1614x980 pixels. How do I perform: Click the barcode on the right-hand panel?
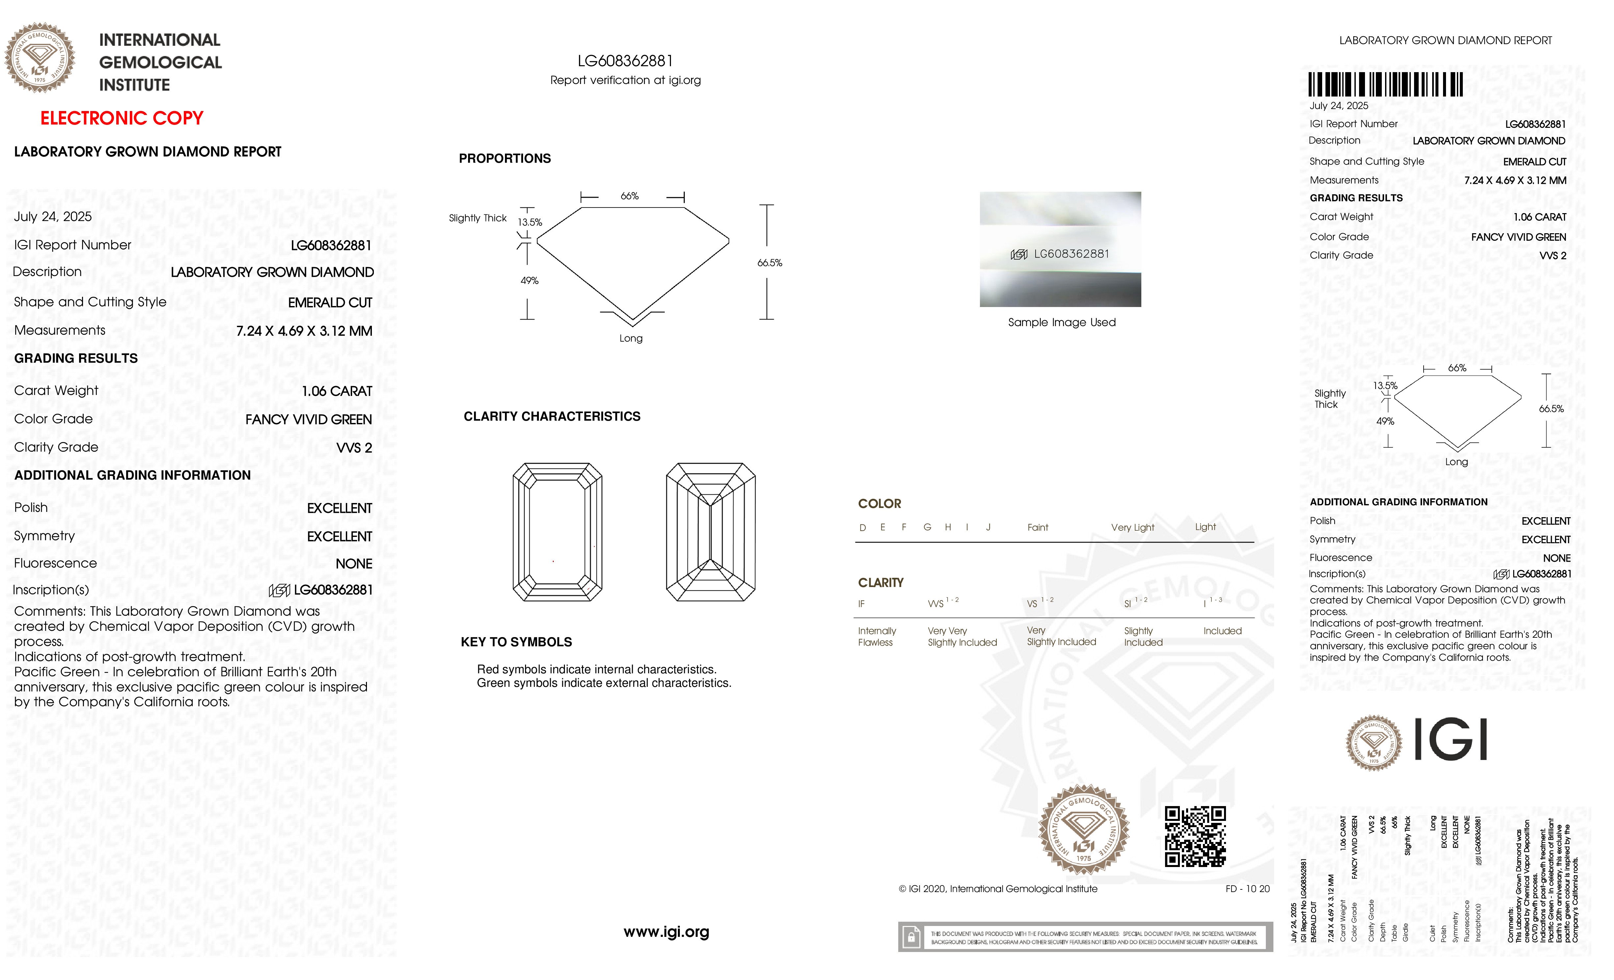pyautogui.click(x=1385, y=85)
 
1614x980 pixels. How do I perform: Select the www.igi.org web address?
pyautogui.click(x=666, y=932)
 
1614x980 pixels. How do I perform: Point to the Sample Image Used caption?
pyautogui.click(x=1061, y=322)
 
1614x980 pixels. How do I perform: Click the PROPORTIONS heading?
pyautogui.click(x=504, y=158)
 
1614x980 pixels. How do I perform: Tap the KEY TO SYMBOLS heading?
pyautogui.click(x=516, y=642)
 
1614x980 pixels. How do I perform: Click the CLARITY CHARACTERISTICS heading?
pyautogui.click(x=551, y=417)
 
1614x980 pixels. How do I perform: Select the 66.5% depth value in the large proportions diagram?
pyautogui.click(x=770, y=263)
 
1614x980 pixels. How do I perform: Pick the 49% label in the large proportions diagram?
pyautogui.click(x=529, y=280)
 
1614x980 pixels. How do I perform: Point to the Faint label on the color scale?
pyautogui.click(x=1038, y=527)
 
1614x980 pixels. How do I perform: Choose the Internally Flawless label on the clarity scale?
pyautogui.click(x=877, y=636)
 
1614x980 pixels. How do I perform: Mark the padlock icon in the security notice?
pyautogui.click(x=910, y=938)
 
